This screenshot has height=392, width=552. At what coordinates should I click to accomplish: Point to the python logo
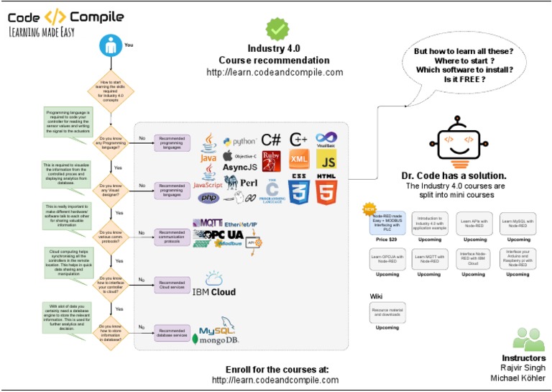(x=239, y=142)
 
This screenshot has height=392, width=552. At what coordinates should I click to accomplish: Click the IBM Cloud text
(x=214, y=292)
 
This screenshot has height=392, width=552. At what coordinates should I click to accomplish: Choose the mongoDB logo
(x=221, y=340)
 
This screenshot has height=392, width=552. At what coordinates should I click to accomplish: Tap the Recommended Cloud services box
(x=171, y=285)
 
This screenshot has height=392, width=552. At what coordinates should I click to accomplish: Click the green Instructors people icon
(x=530, y=339)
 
